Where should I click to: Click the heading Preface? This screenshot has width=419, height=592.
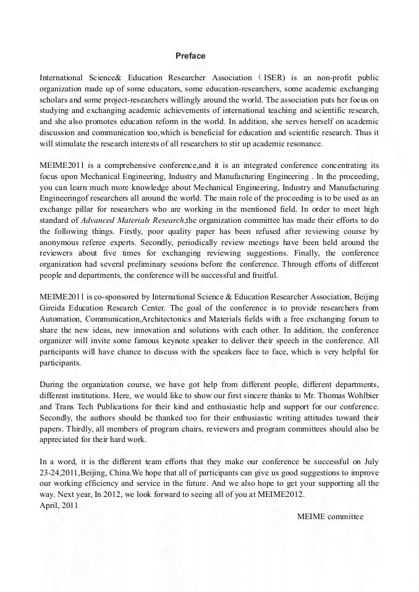tap(190, 56)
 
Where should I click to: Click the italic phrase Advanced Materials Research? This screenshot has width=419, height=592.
tap(133, 220)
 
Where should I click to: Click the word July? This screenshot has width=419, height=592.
tap(370, 462)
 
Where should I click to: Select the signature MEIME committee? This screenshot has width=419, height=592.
tap(330, 517)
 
